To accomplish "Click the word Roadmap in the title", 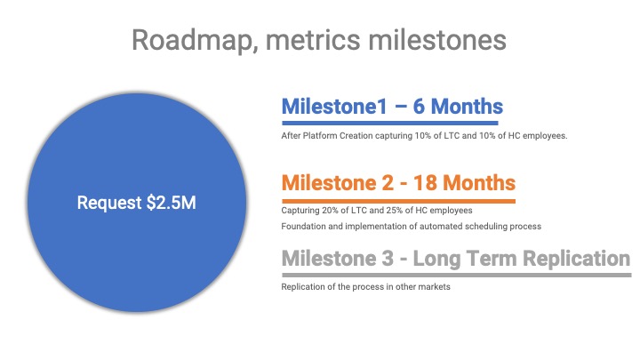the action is click(195, 40).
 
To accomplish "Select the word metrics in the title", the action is click(313, 40).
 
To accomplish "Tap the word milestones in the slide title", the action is click(437, 40).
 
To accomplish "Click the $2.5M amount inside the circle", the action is click(172, 203).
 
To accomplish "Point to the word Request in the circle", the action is click(109, 204).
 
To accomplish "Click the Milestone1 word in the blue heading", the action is click(334, 107).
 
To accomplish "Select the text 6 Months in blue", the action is click(458, 107).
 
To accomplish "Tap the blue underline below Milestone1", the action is click(390, 123).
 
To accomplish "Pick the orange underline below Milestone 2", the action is click(398, 201).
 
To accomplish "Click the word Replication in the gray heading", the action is click(576, 259).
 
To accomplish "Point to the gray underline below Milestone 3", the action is click(456, 275).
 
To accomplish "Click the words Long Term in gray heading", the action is click(465, 259).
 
